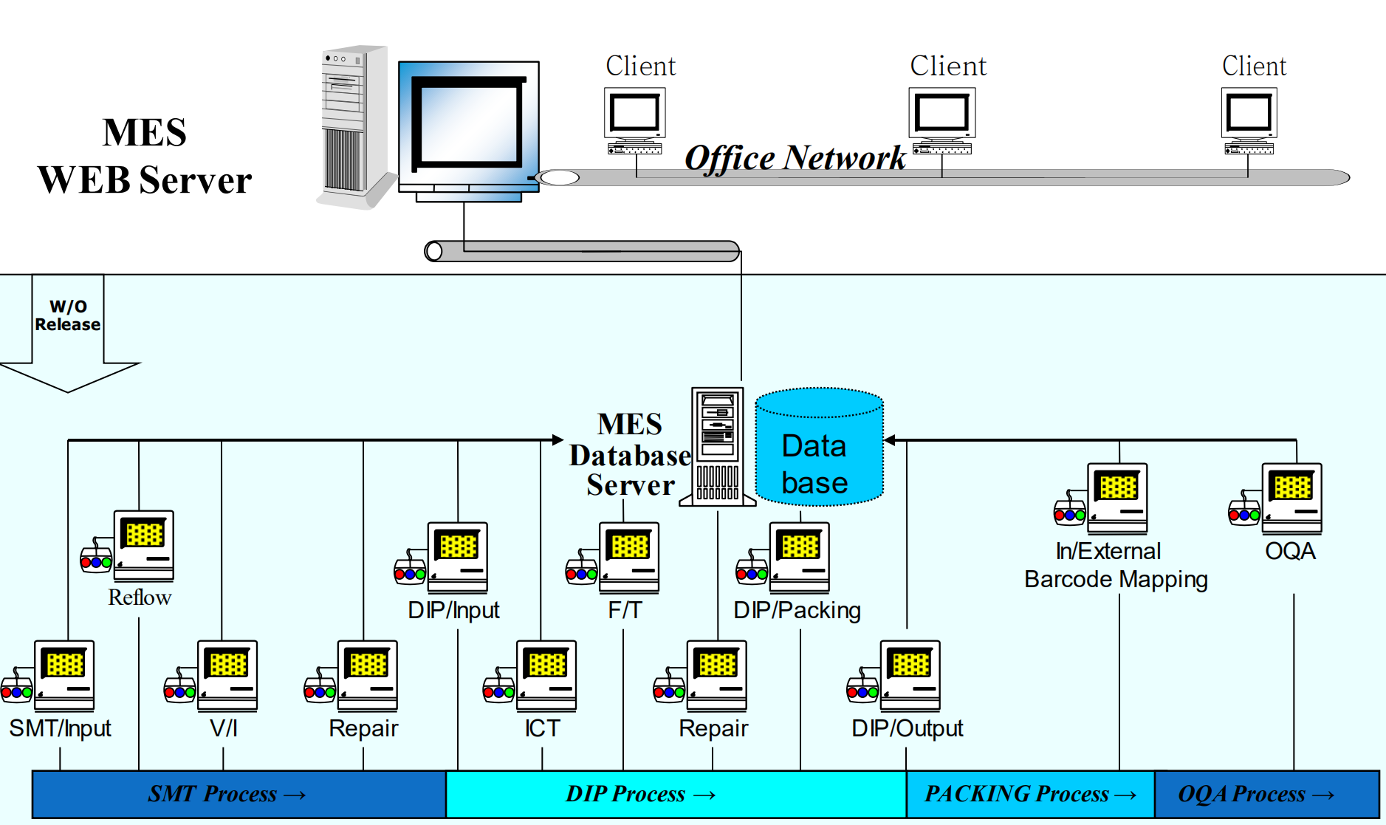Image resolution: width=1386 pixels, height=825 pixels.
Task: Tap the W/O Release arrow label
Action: click(x=68, y=316)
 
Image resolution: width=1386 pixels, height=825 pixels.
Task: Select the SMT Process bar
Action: click(x=239, y=794)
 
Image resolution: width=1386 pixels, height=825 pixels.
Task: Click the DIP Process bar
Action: click(x=676, y=794)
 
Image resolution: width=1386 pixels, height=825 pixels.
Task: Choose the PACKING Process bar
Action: click(x=1030, y=794)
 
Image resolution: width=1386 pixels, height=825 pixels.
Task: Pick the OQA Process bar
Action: click(x=1266, y=794)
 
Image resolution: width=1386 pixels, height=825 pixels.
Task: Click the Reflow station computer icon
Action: click(x=143, y=546)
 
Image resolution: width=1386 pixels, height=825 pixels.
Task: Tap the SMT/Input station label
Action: click(x=60, y=728)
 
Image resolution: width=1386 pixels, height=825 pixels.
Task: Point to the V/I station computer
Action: click(x=227, y=675)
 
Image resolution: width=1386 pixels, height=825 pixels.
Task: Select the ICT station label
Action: click(x=542, y=728)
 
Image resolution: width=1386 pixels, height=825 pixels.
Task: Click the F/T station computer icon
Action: click(x=628, y=557)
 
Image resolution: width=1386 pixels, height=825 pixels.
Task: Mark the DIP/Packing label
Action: click(x=797, y=610)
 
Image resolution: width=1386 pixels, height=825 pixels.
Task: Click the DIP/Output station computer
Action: click(x=910, y=675)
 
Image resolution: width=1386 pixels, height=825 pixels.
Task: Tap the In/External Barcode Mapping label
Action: click(x=1115, y=565)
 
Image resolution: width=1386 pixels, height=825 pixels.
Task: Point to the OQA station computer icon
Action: click(x=1291, y=498)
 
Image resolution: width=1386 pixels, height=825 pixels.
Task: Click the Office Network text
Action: click(x=795, y=158)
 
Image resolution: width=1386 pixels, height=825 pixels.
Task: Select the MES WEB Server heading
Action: click(x=145, y=157)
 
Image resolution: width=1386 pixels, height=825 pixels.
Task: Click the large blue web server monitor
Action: click(x=469, y=126)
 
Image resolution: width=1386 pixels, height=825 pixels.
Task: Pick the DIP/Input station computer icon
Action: click(x=457, y=557)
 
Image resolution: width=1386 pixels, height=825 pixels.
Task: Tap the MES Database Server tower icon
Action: click(x=718, y=446)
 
